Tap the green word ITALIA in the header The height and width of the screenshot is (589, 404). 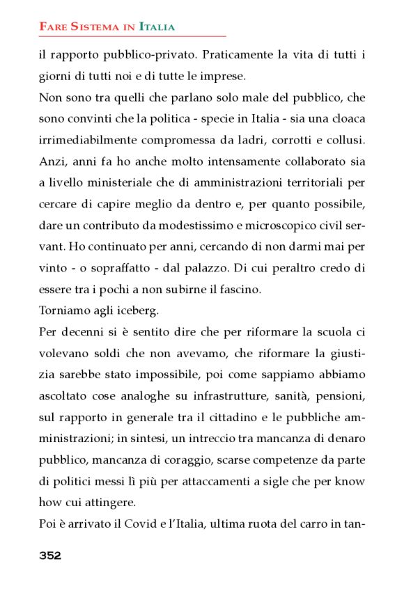pyautogui.click(x=157, y=27)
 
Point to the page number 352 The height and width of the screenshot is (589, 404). pyautogui.click(x=50, y=555)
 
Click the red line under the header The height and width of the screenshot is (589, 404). pyautogui.click(x=132, y=36)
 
